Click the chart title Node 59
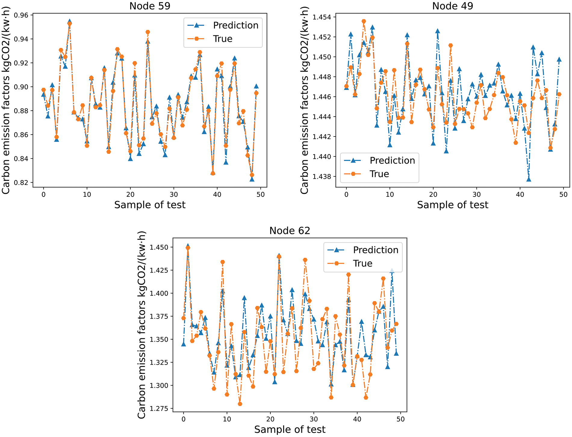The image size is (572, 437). click(150, 6)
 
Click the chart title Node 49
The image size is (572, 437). click(452, 6)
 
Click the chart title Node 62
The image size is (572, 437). click(290, 230)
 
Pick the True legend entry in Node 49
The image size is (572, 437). click(379, 174)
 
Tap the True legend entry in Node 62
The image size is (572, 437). click(362, 263)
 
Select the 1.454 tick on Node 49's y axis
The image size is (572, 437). click(322, 17)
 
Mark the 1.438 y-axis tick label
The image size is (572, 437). click(322, 177)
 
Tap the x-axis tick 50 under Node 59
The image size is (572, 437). click(260, 194)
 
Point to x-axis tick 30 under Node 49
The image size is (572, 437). click(477, 194)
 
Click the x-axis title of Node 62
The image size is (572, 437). click(290, 429)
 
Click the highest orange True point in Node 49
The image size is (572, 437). click(364, 21)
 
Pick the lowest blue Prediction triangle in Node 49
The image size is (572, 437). click(529, 179)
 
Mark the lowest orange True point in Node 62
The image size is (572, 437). click(240, 404)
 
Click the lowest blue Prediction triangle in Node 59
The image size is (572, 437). click(252, 179)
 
